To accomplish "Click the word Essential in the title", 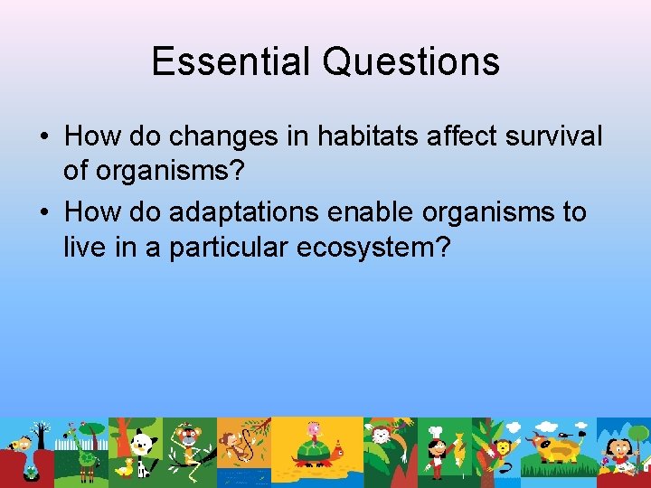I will click(231, 61).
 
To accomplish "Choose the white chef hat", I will click(436, 431).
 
